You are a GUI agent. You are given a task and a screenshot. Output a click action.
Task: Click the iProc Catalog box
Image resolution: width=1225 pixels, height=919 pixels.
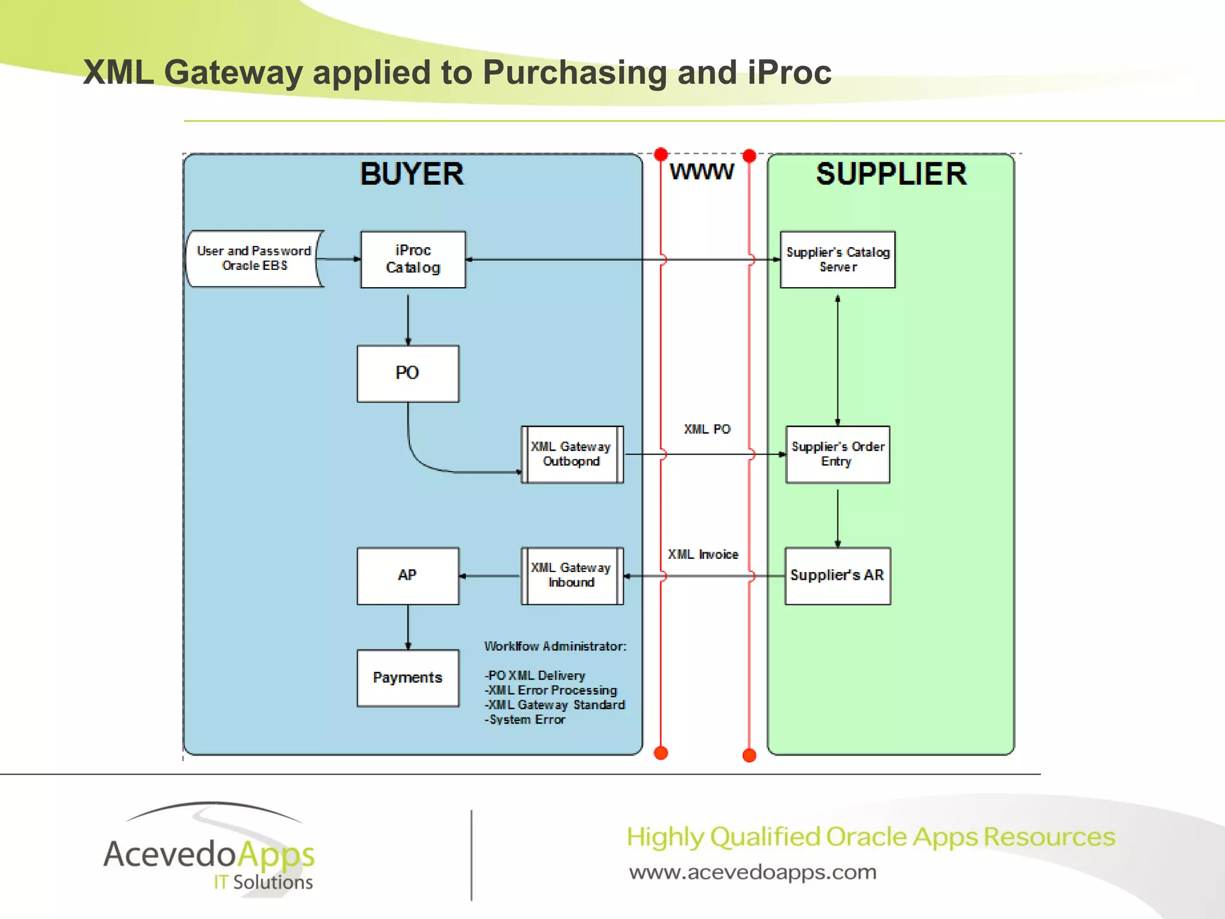(413, 259)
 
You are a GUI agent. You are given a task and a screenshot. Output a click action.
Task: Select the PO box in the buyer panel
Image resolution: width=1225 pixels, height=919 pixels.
(408, 373)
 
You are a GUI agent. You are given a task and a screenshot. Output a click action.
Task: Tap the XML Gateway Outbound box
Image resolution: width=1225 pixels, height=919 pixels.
(572, 454)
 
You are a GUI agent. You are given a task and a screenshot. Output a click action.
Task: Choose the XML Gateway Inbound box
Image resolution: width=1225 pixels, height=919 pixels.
(572, 576)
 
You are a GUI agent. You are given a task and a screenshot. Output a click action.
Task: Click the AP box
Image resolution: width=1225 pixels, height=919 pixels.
(408, 576)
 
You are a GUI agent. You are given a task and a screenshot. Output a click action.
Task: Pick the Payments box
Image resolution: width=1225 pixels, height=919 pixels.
(408, 678)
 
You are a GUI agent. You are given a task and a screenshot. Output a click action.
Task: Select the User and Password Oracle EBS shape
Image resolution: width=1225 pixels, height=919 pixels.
(254, 258)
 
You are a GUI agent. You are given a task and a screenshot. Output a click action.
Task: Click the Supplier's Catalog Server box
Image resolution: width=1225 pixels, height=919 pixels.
(837, 259)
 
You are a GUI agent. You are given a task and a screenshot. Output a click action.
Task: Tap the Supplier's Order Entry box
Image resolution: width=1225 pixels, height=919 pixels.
(837, 454)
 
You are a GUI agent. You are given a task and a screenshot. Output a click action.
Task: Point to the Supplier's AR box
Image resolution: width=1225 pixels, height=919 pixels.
(837, 576)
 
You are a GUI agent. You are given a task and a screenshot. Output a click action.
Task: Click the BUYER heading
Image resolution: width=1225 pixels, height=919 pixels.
(412, 174)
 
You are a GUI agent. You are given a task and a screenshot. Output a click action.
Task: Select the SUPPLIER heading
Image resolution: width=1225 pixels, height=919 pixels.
(891, 174)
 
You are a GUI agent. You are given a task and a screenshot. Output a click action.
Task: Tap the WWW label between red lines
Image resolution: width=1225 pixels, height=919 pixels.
(702, 172)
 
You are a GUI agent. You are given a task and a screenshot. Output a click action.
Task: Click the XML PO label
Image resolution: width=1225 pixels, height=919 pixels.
(707, 429)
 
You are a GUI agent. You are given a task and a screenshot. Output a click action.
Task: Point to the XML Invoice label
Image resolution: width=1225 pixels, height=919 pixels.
(703, 555)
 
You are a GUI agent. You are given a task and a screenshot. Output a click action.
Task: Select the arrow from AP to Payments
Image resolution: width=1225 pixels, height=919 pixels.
(408, 626)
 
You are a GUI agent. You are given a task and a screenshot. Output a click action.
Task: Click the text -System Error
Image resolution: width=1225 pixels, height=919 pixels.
(525, 720)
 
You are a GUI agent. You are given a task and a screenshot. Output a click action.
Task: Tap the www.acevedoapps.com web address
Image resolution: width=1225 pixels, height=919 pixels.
(752, 872)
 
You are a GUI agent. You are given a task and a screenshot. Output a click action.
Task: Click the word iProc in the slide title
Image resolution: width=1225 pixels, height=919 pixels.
(790, 72)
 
